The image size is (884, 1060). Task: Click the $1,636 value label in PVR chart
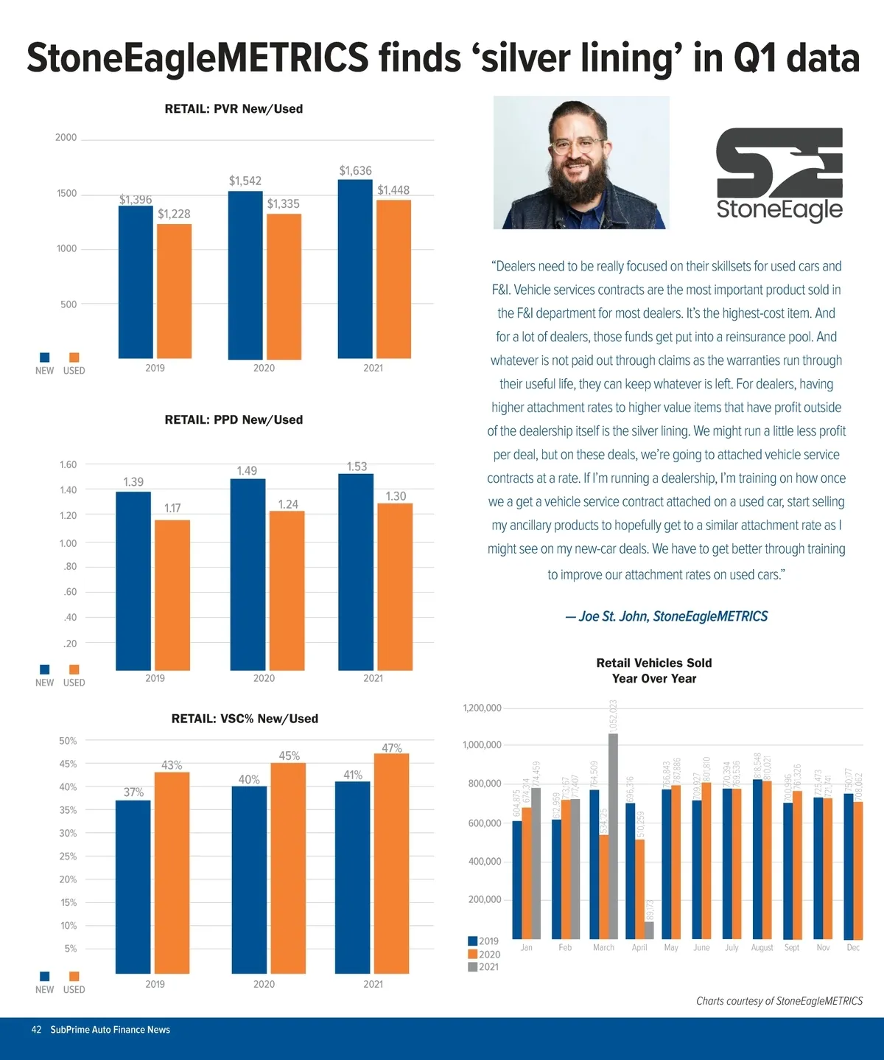(x=355, y=171)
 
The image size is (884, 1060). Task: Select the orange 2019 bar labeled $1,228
(x=174, y=291)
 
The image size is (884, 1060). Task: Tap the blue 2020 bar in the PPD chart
(x=248, y=575)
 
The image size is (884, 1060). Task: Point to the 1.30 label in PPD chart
(x=396, y=496)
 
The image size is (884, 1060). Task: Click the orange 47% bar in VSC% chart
(x=391, y=862)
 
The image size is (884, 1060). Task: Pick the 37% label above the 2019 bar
(x=133, y=792)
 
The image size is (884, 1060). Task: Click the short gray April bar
(x=649, y=930)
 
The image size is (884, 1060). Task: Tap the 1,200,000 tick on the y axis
(x=482, y=708)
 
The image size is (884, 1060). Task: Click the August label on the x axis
(x=762, y=947)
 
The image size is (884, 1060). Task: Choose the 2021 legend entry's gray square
(x=472, y=967)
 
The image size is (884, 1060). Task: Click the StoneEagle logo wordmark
(x=779, y=209)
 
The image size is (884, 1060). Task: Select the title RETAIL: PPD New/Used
(x=234, y=420)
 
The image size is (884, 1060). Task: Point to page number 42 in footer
(x=36, y=1030)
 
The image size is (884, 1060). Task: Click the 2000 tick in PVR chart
(x=66, y=138)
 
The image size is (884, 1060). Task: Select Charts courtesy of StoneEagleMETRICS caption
(x=779, y=1001)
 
